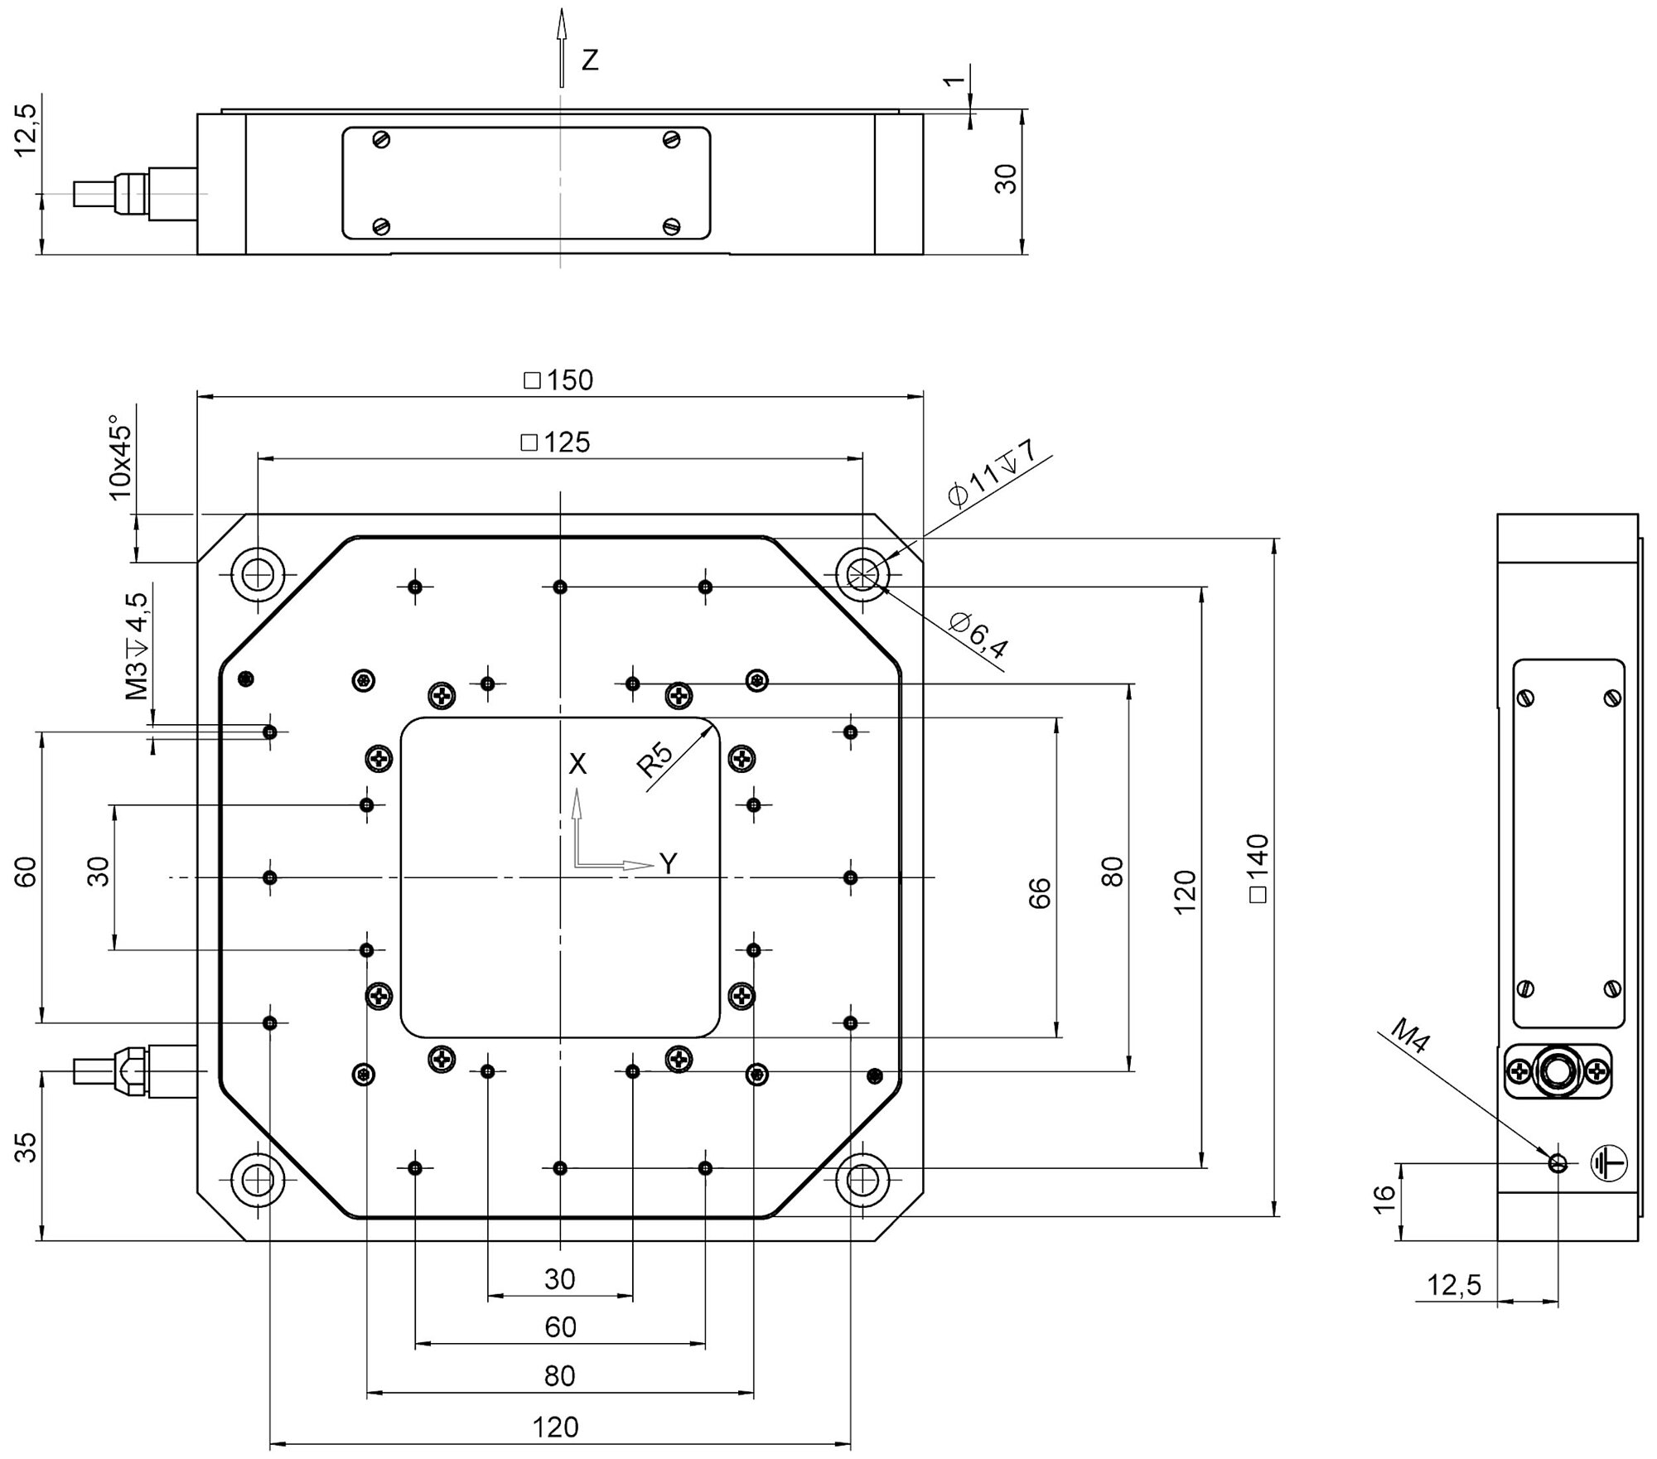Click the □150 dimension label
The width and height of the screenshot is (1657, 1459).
[x=559, y=380]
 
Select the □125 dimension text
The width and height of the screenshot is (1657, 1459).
[x=556, y=442]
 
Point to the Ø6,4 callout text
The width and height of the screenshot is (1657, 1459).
[x=979, y=635]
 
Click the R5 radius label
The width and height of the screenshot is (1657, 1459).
[x=655, y=760]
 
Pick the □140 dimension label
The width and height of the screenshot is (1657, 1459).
[x=1257, y=868]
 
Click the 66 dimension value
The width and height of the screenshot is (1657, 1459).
[x=1039, y=892]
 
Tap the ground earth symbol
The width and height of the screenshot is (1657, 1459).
[x=1609, y=1163]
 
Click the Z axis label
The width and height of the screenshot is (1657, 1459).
[x=590, y=60]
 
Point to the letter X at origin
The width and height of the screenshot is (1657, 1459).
[x=577, y=764]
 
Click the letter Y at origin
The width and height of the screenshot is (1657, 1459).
[x=669, y=864]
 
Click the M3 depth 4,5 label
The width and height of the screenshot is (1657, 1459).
[x=137, y=646]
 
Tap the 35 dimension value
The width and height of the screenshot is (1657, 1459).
[x=27, y=1147]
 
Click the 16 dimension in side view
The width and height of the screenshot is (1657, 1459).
[x=1384, y=1199]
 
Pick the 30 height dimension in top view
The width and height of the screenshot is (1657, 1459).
[x=1005, y=179]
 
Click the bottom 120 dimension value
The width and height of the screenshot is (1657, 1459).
[x=556, y=1427]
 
